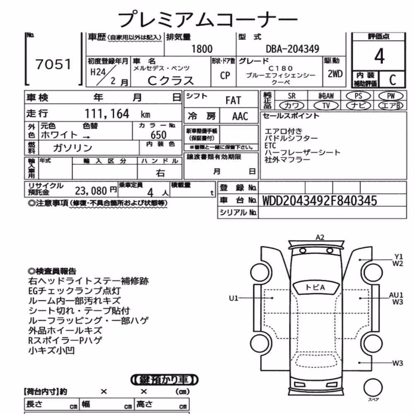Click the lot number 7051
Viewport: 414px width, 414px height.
coord(53,65)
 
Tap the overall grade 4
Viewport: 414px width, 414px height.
coord(379,56)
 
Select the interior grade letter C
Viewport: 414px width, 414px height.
coord(392,80)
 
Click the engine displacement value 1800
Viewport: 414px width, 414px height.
coord(202,49)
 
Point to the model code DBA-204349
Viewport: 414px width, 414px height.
coord(293,49)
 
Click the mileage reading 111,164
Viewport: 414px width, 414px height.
coord(107,114)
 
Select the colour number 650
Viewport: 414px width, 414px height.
coord(159,135)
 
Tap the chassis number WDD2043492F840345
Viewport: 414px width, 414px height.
coord(320,201)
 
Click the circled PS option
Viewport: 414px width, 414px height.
coord(358,96)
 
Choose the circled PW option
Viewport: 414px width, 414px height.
coord(391,96)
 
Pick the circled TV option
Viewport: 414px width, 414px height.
coord(326,106)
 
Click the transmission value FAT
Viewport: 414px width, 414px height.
coord(233,101)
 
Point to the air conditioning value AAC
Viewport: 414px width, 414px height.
coord(240,116)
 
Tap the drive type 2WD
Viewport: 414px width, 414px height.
coord(335,74)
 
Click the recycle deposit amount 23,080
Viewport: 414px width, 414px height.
coord(91,190)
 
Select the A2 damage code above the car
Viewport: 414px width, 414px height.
coord(320,237)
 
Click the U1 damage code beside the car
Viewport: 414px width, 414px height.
coord(233,298)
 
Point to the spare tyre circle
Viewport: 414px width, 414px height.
coord(373,388)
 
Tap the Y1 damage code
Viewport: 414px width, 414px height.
coord(398,257)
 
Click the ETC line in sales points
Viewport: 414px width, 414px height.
coord(270,145)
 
